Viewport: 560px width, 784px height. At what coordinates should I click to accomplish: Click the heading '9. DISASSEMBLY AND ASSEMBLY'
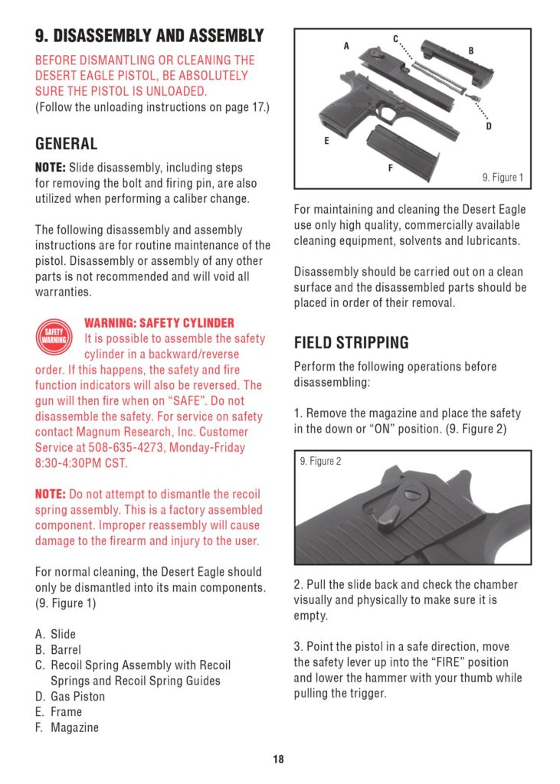[149, 36]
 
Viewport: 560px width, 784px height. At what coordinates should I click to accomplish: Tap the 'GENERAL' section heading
[67, 144]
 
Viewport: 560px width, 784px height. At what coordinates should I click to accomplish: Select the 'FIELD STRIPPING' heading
[352, 342]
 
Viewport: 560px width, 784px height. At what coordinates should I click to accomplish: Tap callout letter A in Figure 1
[346, 46]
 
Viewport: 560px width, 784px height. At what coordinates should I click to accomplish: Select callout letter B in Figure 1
[471, 51]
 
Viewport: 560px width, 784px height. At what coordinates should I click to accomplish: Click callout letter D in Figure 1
[488, 126]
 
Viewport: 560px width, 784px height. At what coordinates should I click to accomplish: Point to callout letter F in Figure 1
[390, 168]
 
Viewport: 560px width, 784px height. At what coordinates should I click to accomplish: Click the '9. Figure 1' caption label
[503, 178]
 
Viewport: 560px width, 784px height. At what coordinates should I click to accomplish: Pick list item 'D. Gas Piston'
[70, 697]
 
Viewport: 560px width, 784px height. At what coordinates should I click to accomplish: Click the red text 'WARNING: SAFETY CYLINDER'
[159, 323]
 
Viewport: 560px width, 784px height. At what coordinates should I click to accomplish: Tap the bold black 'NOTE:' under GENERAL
[51, 168]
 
